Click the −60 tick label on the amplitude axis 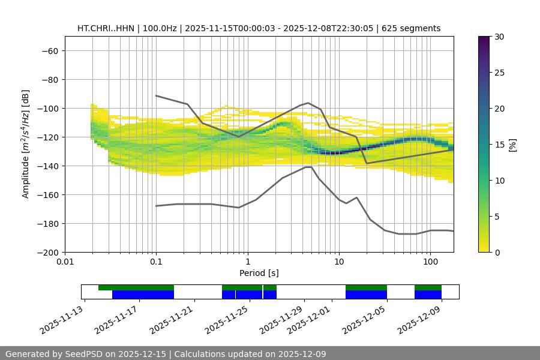pos(50,50)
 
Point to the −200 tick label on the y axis pos(47,252)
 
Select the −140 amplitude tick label pos(47,166)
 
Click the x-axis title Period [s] pos(259,273)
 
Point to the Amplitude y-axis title pos(26,144)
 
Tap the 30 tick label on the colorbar pos(498,37)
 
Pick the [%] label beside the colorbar pos(512,145)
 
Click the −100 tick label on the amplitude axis pos(47,108)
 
